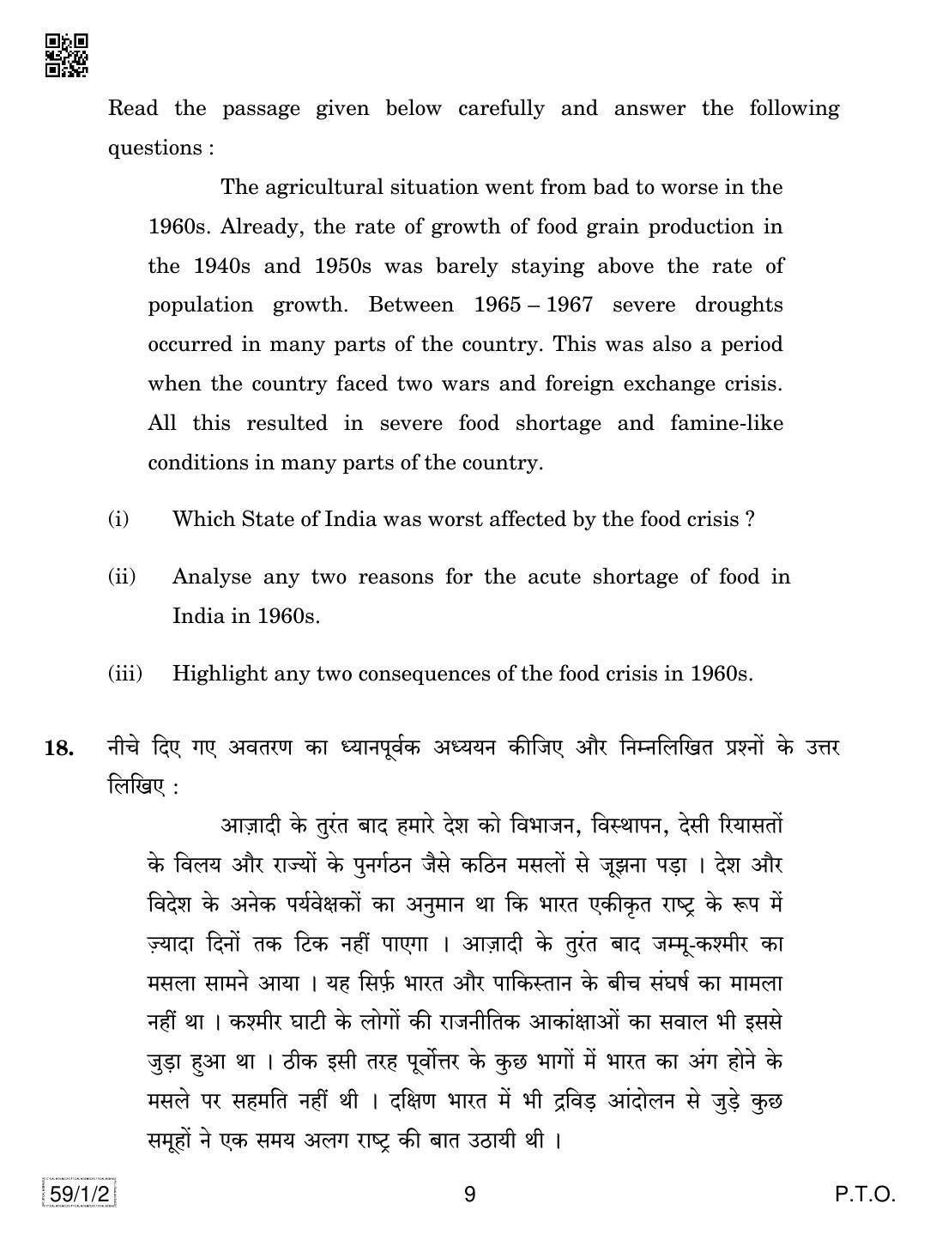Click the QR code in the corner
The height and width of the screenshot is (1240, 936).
click(66, 56)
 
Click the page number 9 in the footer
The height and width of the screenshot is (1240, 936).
click(468, 1194)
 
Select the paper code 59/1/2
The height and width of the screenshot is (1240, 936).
click(78, 1194)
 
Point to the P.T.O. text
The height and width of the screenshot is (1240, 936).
click(865, 1194)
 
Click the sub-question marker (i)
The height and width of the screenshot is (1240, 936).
click(118, 519)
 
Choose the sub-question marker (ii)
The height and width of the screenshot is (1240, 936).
click(122, 577)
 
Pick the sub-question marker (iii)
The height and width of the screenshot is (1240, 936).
click(125, 674)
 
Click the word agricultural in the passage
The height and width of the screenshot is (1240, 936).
click(324, 187)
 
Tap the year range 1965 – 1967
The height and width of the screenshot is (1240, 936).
click(532, 305)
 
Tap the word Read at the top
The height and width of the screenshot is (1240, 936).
click(133, 109)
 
